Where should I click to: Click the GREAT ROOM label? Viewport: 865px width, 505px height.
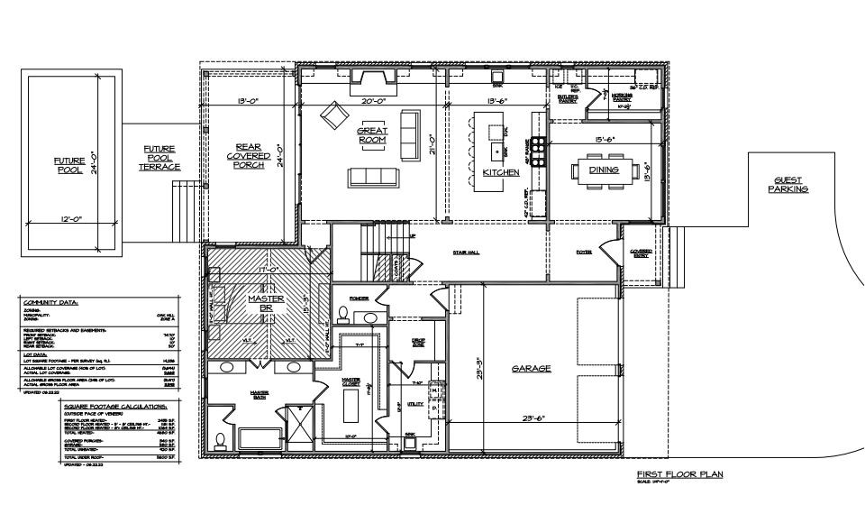pos(372,135)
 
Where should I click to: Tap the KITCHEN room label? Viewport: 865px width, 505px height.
pos(501,171)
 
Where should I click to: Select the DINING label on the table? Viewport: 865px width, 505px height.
pos(604,169)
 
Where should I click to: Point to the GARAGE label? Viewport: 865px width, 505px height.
pos(532,368)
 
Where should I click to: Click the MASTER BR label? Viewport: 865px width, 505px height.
pos(266,305)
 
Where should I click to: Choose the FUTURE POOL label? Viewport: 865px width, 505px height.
pos(67,164)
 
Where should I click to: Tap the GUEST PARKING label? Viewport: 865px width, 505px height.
pos(788,185)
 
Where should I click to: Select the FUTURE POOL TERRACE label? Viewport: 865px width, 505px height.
pos(159,158)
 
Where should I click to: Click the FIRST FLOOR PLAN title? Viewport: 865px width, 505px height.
pos(679,473)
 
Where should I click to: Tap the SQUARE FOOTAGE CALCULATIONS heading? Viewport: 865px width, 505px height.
pos(110,408)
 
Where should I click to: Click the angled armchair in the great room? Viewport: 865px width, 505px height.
pos(333,115)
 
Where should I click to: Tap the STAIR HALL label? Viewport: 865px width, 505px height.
pos(466,252)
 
